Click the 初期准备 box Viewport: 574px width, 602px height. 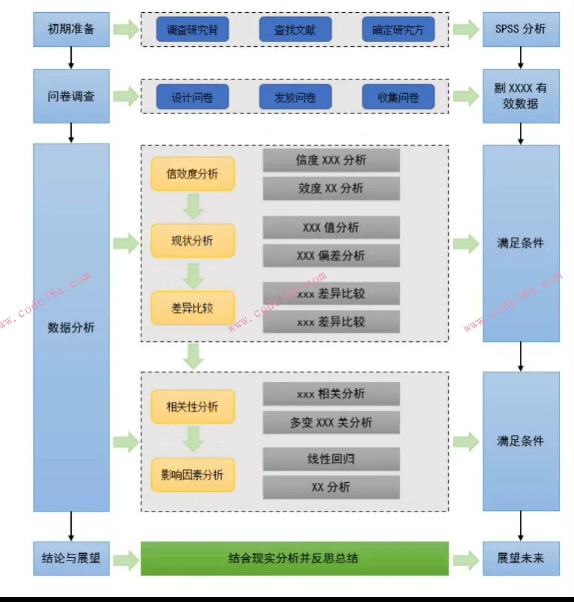click(x=71, y=29)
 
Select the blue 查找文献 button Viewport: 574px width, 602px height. click(x=295, y=30)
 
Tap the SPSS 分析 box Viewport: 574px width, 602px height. click(x=520, y=29)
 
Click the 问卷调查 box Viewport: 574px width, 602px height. click(x=71, y=96)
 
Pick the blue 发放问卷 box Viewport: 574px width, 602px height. click(x=295, y=97)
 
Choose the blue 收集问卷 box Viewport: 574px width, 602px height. click(x=398, y=97)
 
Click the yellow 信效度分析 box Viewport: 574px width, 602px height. click(x=192, y=174)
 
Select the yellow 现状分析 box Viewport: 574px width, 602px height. click(x=192, y=241)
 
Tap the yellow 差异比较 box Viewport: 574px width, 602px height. click(x=192, y=308)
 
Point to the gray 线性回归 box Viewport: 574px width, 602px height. click(x=331, y=459)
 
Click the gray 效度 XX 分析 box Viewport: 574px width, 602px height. click(x=331, y=188)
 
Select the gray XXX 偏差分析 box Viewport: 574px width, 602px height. click(x=331, y=255)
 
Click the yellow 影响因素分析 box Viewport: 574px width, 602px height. click(x=192, y=475)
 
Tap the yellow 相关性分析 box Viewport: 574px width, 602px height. click(x=192, y=407)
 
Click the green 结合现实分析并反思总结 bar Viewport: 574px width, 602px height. click(x=294, y=558)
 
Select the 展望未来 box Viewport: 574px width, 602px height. click(x=520, y=558)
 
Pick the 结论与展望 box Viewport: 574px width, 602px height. click(x=71, y=558)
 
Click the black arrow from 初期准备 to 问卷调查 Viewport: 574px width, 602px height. click(x=71, y=57)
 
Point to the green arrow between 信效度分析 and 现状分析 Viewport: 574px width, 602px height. click(x=193, y=207)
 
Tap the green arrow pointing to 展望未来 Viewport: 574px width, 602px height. click(x=466, y=559)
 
